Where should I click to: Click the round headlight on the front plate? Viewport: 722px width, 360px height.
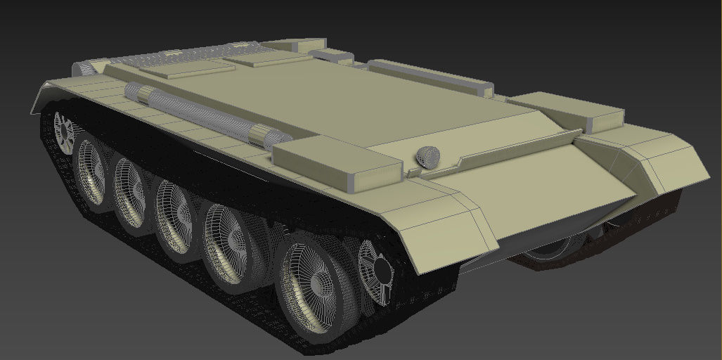tap(426, 157)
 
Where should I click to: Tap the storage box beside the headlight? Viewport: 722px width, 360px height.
tap(337, 162)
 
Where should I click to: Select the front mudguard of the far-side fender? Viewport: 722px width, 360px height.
tap(661, 162)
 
